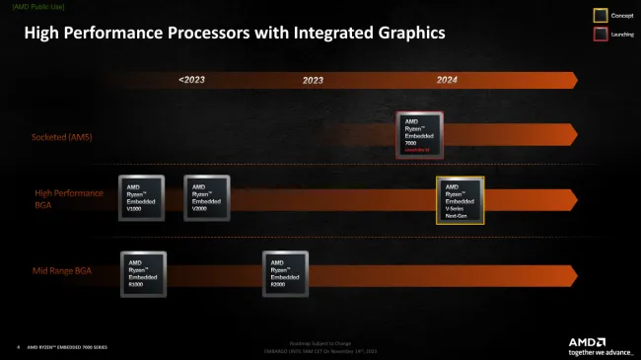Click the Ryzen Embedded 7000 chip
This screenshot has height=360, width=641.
pyautogui.click(x=420, y=135)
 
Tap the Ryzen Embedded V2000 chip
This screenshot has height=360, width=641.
pyautogui.click(x=207, y=198)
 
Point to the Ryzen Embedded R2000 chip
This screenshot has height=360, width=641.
pyautogui.click(x=286, y=275)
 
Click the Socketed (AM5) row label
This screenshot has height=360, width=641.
pyautogui.click(x=62, y=137)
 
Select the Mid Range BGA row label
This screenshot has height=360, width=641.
pyautogui.click(x=63, y=269)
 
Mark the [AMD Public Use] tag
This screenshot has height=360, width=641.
pyautogui.click(x=36, y=7)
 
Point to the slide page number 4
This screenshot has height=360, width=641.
pyautogui.click(x=18, y=347)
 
